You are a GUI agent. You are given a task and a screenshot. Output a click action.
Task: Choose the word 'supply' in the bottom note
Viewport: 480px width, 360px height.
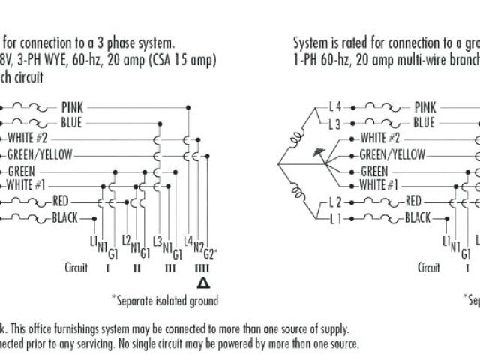point(332,329)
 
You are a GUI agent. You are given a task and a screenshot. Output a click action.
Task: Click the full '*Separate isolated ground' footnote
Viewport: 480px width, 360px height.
point(165,301)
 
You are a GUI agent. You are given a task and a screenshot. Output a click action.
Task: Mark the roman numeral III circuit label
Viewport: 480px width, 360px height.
point(170,267)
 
